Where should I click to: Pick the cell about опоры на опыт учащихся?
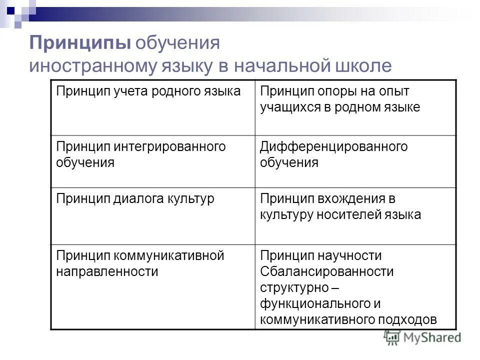coord(340,99)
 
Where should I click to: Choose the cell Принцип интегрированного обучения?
coord(141,154)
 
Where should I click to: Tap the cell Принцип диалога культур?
coord(135,198)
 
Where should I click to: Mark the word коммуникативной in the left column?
coord(170,256)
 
